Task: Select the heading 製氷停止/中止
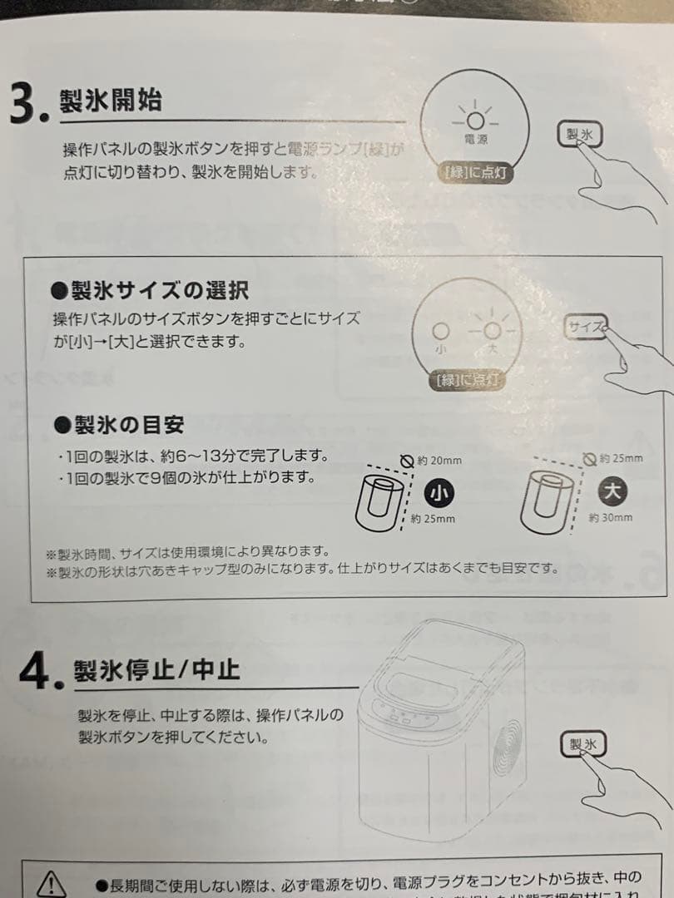[x=156, y=669]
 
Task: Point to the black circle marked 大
[x=612, y=491]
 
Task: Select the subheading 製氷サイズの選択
[x=150, y=289]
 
